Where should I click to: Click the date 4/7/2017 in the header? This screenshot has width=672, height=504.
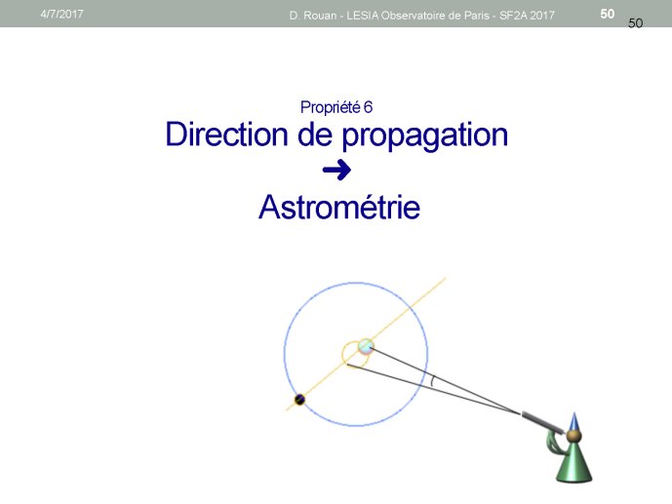(61, 14)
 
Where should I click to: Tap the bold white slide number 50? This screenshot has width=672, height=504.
(608, 14)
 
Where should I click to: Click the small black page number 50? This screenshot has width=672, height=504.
(636, 23)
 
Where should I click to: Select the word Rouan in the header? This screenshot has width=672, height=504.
(320, 16)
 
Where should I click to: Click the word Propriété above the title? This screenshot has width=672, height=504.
(331, 107)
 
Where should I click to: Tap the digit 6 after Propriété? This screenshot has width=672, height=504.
(368, 107)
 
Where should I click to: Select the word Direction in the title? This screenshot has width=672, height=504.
(226, 134)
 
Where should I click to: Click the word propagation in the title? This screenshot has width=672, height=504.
(424, 136)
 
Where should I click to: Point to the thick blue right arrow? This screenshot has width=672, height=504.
(336, 170)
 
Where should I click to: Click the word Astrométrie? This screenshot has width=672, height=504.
(339, 207)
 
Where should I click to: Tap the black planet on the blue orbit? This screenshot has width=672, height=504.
(299, 400)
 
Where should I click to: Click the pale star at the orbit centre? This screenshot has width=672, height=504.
(366, 346)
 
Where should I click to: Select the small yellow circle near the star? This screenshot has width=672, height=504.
(342, 355)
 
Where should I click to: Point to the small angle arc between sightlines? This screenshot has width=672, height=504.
(432, 381)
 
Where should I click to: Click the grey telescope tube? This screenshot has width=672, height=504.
(542, 422)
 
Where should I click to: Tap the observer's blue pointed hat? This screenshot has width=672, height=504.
(574, 422)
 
